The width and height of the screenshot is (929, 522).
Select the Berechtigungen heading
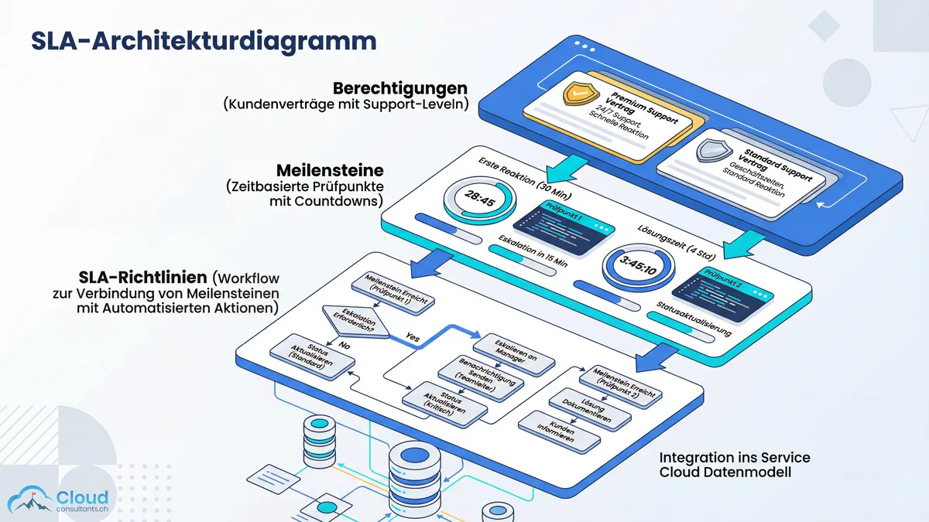(x=400, y=87)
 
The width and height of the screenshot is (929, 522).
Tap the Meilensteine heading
(x=331, y=169)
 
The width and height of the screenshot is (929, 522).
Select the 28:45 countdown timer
(x=479, y=199)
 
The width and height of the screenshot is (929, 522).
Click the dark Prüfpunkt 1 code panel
(x=568, y=222)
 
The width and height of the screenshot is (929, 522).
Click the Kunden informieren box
(x=559, y=430)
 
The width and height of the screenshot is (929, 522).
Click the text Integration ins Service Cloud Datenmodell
(x=725, y=465)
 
